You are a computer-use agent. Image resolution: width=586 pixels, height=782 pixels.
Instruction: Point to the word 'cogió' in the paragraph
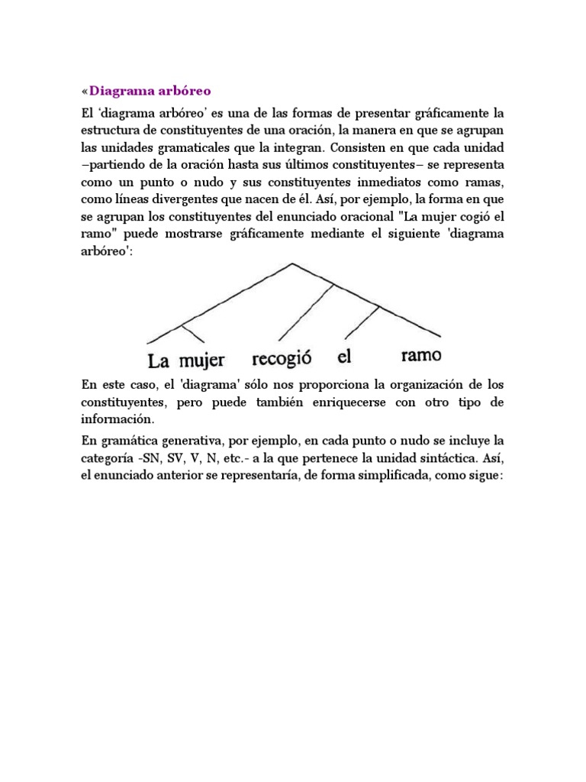(x=472, y=218)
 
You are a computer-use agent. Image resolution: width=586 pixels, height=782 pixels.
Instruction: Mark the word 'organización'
(x=435, y=384)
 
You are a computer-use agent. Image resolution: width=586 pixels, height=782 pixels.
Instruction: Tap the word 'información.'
(x=117, y=419)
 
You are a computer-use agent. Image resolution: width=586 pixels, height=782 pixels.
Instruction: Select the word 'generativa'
(x=201, y=442)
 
